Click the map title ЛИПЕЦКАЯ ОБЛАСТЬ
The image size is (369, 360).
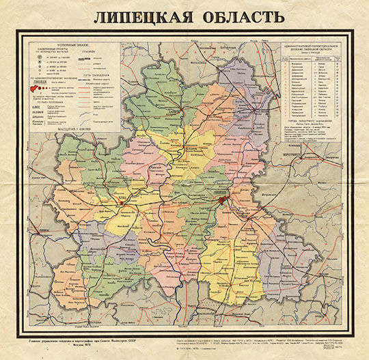pyautogui.click(x=185, y=16)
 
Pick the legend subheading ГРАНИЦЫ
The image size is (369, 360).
pyautogui.click(x=104, y=48)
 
